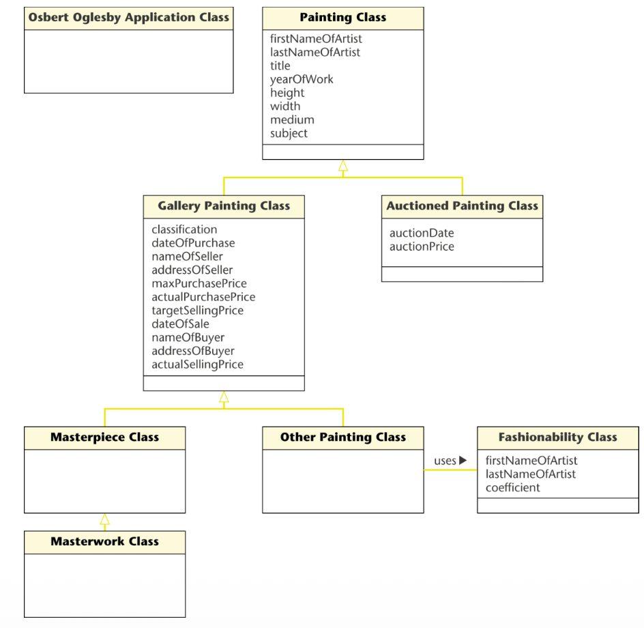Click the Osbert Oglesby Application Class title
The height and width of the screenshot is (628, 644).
[x=128, y=18]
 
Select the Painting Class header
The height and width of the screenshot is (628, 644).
[x=343, y=18]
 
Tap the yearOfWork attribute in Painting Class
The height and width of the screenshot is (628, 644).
[x=302, y=79]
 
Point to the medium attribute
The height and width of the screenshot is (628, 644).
[x=292, y=119]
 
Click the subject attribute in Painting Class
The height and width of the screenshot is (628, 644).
[x=289, y=134]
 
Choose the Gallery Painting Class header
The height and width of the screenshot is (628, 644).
[x=224, y=206]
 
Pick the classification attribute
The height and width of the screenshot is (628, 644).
[x=184, y=229]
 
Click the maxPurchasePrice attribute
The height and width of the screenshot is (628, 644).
[x=199, y=283]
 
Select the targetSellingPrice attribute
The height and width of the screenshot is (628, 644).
[x=198, y=311]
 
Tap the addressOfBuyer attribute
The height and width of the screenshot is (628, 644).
[x=193, y=351]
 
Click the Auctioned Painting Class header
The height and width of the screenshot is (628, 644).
[x=462, y=206]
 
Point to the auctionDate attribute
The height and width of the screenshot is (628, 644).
[x=422, y=233]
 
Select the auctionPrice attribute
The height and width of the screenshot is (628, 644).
[x=422, y=246]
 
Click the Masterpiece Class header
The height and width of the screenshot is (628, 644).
[x=105, y=438]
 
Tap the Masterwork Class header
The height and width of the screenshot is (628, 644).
[x=105, y=542]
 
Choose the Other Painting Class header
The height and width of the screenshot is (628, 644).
[x=343, y=438]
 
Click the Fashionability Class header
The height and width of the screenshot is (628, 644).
[x=558, y=438]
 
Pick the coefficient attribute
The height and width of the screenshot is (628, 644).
[x=512, y=488]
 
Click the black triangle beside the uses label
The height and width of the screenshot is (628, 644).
[x=463, y=460]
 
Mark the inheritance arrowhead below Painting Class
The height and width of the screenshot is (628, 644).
[x=343, y=166]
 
